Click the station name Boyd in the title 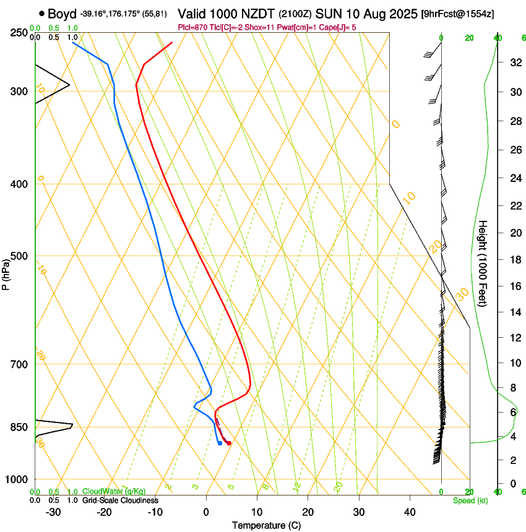pos(62,13)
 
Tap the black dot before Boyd pos(41,13)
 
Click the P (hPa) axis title pos(6,272)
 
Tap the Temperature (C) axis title pos(266,526)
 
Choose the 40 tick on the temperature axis pos(409,512)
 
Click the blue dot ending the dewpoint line pos(220,443)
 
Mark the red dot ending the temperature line pos(229,443)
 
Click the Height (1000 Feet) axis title pos(483,263)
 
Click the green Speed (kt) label pos(470,500)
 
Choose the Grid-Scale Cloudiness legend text pos(120,500)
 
